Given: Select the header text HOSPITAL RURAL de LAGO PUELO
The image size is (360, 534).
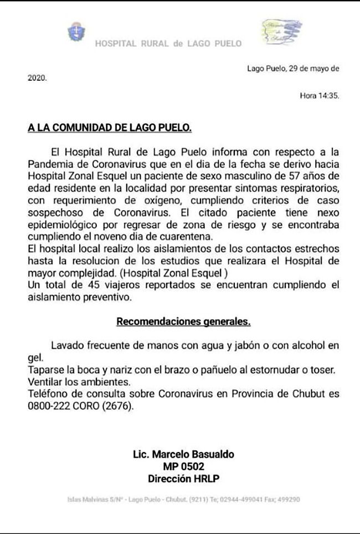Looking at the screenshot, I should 168,44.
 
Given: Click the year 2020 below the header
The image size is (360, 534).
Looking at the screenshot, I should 37,79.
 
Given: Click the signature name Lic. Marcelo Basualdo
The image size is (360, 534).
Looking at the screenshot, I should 183,454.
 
